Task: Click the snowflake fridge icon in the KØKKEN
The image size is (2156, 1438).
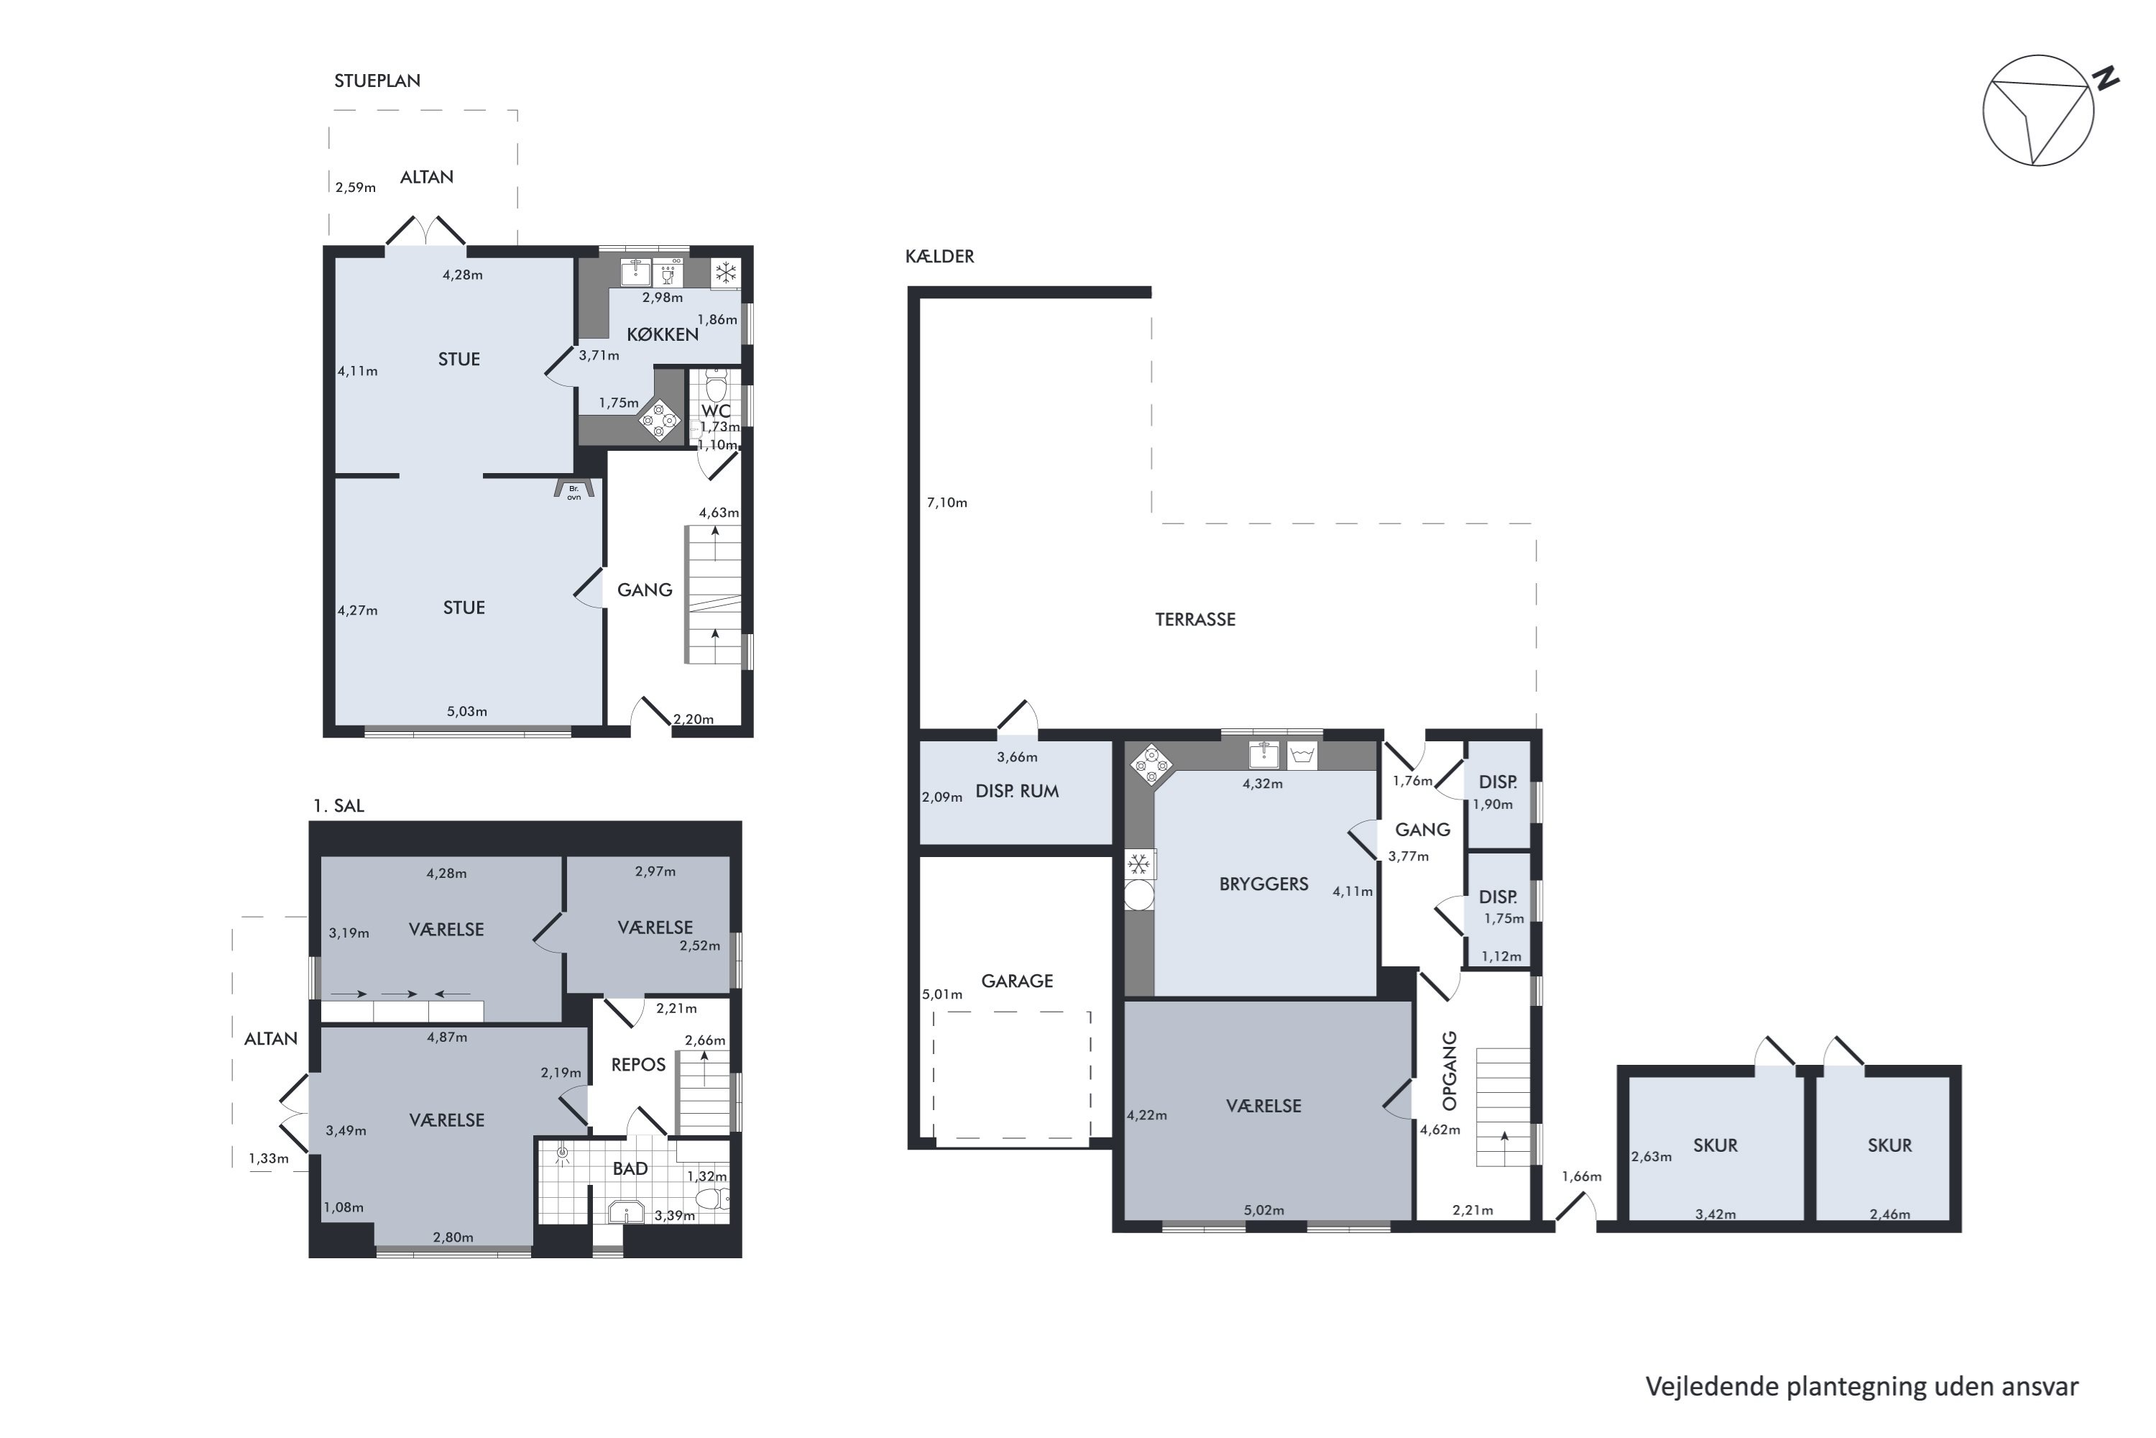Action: pos(726,273)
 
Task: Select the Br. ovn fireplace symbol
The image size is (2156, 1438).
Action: pos(573,490)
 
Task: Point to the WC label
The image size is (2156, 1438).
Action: pos(716,411)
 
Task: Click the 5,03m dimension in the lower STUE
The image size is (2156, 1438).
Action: pos(466,712)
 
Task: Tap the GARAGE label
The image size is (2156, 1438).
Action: pos(1017,981)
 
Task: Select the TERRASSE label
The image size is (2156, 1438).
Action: pos(1194,620)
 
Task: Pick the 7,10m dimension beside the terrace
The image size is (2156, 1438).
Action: pos(947,503)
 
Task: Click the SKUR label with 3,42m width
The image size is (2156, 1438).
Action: pos(1715,1145)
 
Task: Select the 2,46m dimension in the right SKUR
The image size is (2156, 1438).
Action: pos(1890,1214)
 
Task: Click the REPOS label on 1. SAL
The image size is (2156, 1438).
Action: pos(638,1065)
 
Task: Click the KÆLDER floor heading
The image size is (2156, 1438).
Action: pos(939,257)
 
